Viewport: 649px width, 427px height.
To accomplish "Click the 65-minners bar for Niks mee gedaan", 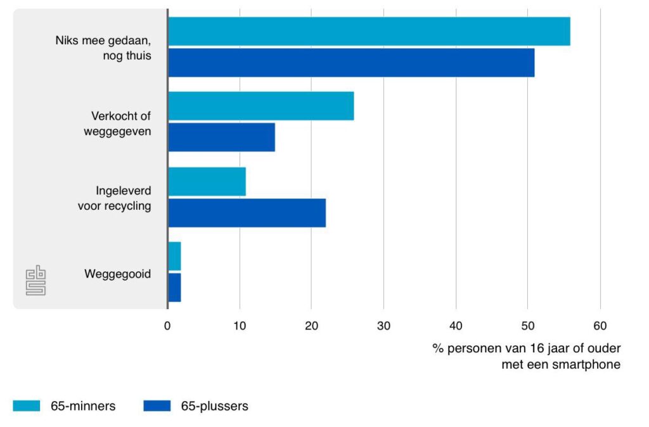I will [x=369, y=32].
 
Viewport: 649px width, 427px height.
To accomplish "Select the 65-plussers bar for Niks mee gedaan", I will [x=351, y=63].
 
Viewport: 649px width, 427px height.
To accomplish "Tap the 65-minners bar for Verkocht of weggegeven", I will [x=260, y=106].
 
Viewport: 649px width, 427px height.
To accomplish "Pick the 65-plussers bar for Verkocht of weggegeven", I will [x=221, y=137].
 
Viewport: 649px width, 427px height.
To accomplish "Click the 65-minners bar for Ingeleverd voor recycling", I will [x=207, y=181].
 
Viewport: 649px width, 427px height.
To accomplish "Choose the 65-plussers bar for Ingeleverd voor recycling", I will [x=247, y=212].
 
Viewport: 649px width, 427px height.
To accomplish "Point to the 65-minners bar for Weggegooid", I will [x=174, y=256].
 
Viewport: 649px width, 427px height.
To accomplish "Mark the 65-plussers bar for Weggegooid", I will [x=174, y=287].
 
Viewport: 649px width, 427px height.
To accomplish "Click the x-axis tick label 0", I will [x=167, y=326].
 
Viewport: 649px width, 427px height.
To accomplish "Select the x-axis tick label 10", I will [x=239, y=326].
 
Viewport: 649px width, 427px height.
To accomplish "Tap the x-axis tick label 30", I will [x=383, y=326].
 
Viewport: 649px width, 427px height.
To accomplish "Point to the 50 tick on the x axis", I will [x=528, y=326].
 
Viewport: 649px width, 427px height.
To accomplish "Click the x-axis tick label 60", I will [x=600, y=326].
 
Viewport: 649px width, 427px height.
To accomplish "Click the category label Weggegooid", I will [x=117, y=274].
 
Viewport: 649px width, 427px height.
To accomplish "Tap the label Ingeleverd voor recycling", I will [x=115, y=198].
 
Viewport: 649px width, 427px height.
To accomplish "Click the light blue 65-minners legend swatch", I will [x=26, y=406].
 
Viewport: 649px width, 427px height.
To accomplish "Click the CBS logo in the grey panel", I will [x=35, y=280].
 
